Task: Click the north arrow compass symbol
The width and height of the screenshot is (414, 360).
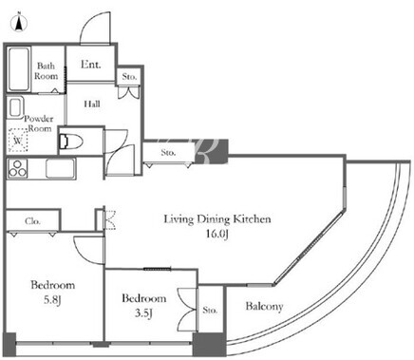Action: pos(19,22)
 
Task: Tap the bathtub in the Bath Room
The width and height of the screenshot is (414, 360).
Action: pos(19,69)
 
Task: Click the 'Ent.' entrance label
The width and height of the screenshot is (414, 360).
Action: pos(90,65)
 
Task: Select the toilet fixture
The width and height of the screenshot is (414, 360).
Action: pos(71,142)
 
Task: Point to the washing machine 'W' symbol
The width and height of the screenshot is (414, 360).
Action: pos(18,140)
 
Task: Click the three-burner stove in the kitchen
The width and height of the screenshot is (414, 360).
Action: pos(18,168)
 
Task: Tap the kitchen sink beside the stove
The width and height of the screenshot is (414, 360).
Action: pos(61,168)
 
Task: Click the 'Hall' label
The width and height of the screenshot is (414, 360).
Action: pos(92,104)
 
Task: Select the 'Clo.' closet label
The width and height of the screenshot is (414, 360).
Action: pos(32,221)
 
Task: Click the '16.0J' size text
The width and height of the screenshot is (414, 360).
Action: pos(216,235)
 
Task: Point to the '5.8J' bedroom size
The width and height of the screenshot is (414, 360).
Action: pos(52,299)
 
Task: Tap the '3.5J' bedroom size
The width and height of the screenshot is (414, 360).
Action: pos(144,313)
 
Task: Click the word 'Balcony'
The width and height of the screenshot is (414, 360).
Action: pos(264,307)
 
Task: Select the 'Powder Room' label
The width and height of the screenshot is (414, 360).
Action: pos(39,123)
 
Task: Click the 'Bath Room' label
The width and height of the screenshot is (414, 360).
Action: pos(47,71)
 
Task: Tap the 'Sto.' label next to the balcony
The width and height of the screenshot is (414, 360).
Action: pos(210,310)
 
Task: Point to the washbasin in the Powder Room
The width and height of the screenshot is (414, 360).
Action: pos(15,107)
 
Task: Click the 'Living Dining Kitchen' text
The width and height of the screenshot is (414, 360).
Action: pos(217,219)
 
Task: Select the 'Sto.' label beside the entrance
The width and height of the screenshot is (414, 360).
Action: pos(129,76)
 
